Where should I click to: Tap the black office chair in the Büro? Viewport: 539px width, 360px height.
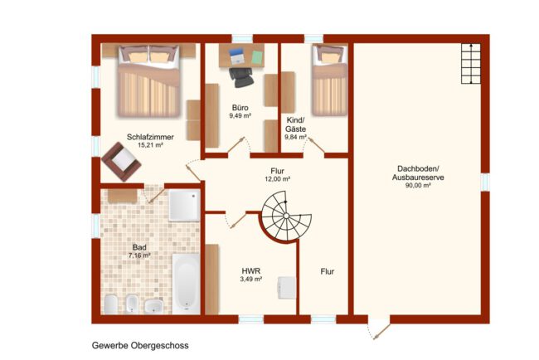click(241, 76)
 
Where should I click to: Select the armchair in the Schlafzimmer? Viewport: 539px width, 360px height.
click(121, 161)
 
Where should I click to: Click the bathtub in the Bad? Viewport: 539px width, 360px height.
click(186, 284)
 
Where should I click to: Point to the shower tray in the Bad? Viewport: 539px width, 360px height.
click(184, 206)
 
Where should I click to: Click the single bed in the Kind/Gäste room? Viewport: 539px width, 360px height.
click(329, 80)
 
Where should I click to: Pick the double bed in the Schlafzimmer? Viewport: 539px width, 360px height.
click(148, 80)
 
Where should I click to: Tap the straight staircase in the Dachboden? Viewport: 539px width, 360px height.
click(471, 64)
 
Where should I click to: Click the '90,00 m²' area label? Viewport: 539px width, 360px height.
click(418, 186)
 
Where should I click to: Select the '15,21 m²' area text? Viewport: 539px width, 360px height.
click(150, 145)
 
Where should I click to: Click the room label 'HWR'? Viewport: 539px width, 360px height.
click(251, 271)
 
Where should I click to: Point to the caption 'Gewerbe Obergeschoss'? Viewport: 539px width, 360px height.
click(140, 345)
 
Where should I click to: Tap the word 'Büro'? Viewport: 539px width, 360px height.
click(240, 108)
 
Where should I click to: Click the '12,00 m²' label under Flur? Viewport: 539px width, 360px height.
click(278, 179)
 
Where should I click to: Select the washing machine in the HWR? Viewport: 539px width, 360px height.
click(287, 288)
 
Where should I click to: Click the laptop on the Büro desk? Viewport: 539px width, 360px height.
click(236, 56)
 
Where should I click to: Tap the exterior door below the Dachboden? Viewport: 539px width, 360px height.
click(379, 329)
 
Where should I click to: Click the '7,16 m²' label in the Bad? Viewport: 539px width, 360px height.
click(139, 255)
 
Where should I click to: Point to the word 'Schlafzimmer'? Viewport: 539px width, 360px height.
click(150, 137)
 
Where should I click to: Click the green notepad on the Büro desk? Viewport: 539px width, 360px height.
click(257, 57)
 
